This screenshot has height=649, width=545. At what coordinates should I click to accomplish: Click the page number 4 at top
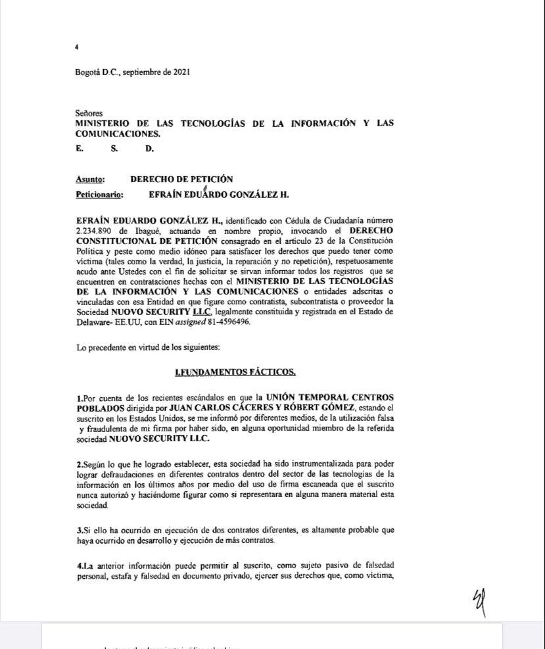click(77, 47)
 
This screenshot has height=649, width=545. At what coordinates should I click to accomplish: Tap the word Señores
click(89, 113)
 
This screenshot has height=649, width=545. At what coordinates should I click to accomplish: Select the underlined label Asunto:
click(90, 179)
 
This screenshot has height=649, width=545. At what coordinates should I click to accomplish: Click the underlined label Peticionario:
click(99, 195)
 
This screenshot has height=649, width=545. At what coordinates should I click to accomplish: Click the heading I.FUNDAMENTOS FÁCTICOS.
click(235, 372)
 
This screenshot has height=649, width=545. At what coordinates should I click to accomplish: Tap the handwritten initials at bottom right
click(479, 602)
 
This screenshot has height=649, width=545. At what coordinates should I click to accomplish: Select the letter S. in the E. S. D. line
click(114, 149)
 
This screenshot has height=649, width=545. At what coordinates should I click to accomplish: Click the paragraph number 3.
click(78, 530)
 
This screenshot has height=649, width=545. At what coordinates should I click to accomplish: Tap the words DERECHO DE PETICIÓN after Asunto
click(181, 179)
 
